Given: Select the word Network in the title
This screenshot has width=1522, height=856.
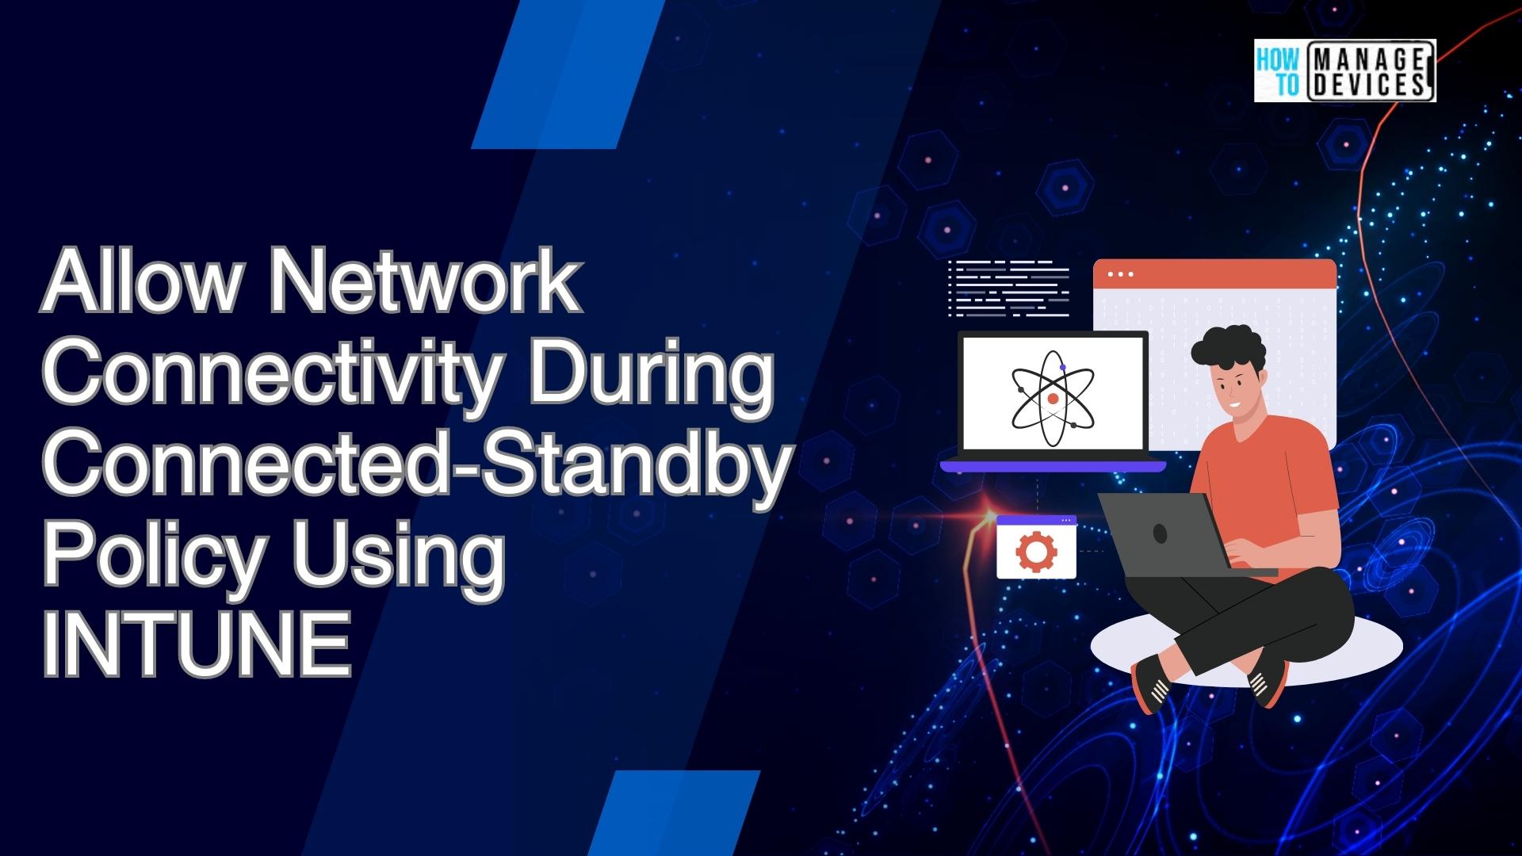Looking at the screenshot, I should pos(425,284).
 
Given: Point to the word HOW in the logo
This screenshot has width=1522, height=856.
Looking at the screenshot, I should pos(1278,58).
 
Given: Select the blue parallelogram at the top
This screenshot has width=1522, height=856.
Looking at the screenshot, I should pos(567,75).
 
